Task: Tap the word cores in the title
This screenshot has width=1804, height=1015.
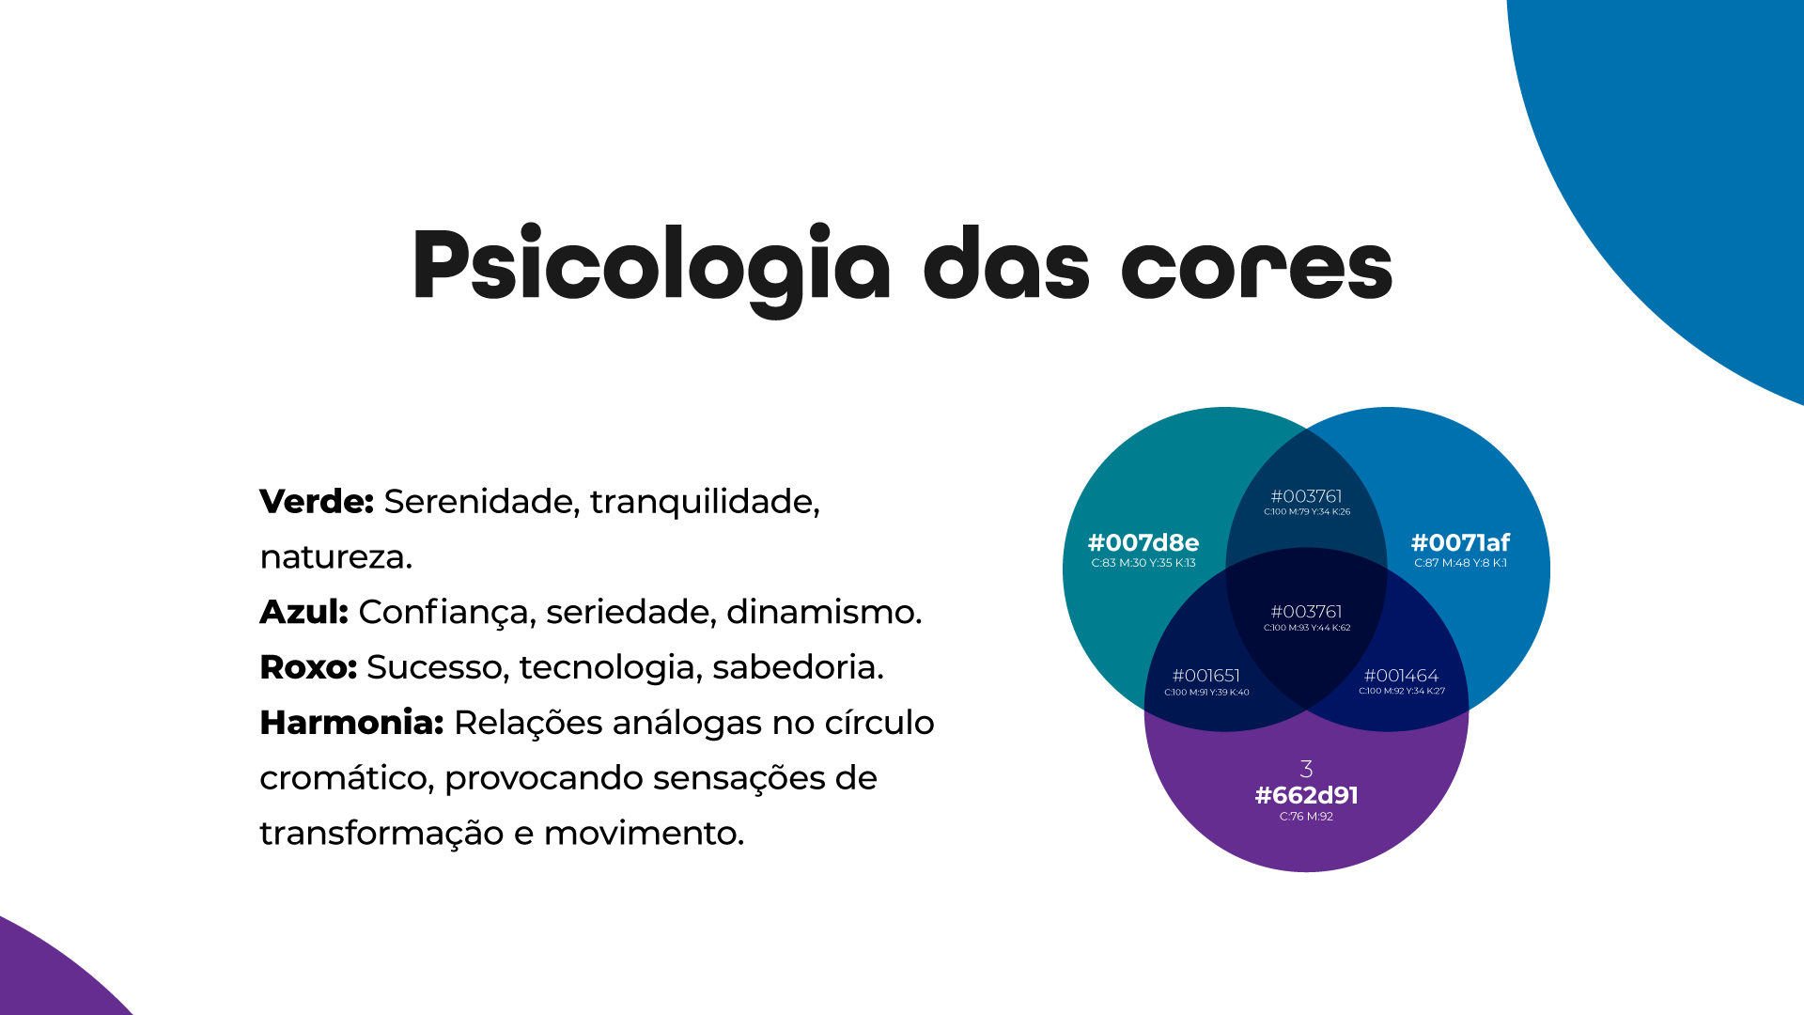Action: pyautogui.click(x=1256, y=268)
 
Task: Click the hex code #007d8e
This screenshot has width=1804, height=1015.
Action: pyautogui.click(x=1143, y=543)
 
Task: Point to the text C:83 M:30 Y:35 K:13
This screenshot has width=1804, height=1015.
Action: pyautogui.click(x=1143, y=563)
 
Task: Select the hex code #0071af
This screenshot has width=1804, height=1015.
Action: pyautogui.click(x=1460, y=543)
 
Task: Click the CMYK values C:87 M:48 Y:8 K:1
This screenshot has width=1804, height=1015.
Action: pyautogui.click(x=1460, y=563)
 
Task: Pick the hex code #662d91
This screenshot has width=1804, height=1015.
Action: pyautogui.click(x=1306, y=796)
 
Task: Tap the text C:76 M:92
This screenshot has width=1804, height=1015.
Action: pyautogui.click(x=1306, y=817)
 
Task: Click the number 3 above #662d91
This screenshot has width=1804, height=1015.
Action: pyautogui.click(x=1306, y=769)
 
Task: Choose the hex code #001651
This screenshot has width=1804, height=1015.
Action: pyautogui.click(x=1206, y=676)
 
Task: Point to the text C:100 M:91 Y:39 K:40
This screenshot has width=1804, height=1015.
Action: pyautogui.click(x=1206, y=693)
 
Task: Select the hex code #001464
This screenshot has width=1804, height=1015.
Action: pyautogui.click(x=1401, y=676)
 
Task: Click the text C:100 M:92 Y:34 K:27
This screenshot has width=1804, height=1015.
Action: pyautogui.click(x=1401, y=691)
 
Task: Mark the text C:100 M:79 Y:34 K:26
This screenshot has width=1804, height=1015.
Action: pyautogui.click(x=1307, y=512)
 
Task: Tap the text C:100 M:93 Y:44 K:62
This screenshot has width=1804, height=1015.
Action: pyautogui.click(x=1307, y=628)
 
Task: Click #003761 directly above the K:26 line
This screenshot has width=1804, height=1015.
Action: pyautogui.click(x=1306, y=496)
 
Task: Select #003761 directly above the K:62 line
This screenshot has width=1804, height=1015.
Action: pyautogui.click(x=1306, y=612)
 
